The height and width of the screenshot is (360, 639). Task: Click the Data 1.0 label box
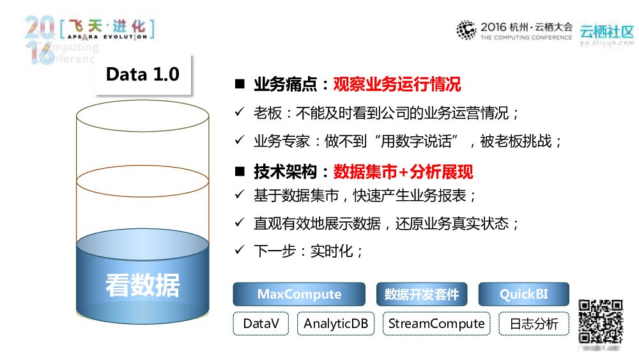pyautogui.click(x=142, y=74)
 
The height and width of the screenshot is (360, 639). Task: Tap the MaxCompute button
pyautogui.click(x=299, y=294)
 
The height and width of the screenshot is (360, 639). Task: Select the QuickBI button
pyautogui.click(x=523, y=294)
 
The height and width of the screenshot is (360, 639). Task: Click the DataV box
pyautogui.click(x=261, y=324)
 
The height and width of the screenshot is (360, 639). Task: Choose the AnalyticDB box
pyautogui.click(x=335, y=324)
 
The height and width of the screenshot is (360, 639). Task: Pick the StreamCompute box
pyautogui.click(x=436, y=324)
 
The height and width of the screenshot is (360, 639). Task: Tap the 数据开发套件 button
pyautogui.click(x=422, y=294)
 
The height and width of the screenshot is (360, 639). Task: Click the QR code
pyautogui.click(x=600, y=322)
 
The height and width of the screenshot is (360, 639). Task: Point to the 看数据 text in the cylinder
pyautogui.click(x=142, y=286)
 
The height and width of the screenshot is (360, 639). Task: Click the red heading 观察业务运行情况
pyautogui.click(x=397, y=84)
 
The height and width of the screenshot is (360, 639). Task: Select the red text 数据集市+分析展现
pyautogui.click(x=403, y=171)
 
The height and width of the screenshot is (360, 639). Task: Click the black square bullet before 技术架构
pyautogui.click(x=240, y=171)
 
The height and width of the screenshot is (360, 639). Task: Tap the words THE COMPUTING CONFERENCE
pyautogui.click(x=527, y=38)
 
